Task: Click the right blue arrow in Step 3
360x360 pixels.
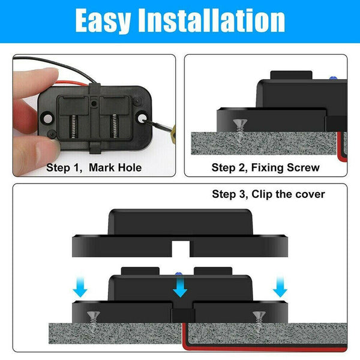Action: (x=279, y=289)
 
